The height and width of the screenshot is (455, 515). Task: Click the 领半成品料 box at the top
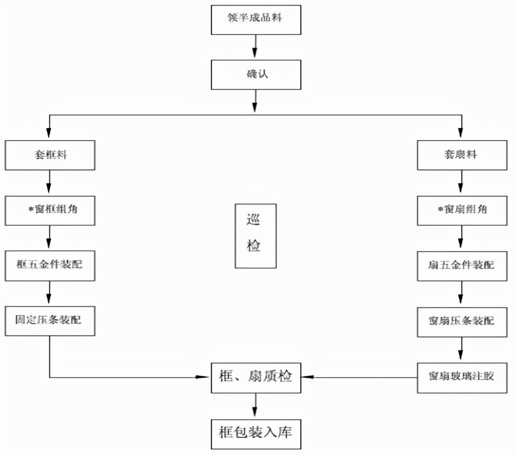256,19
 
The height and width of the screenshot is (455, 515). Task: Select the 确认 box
256,75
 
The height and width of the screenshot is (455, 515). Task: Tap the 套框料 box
50,155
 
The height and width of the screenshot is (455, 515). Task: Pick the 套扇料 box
461,155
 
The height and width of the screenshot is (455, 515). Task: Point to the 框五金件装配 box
50,266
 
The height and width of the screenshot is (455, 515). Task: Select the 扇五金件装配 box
461,266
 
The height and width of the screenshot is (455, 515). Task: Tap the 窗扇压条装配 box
461,321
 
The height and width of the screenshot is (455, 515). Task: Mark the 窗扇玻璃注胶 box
461,377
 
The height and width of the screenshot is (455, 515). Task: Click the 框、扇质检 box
256,377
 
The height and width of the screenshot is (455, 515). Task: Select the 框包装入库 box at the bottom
256,433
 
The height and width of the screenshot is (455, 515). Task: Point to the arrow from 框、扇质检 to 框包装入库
256,405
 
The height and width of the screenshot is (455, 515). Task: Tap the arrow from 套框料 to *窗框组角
50,183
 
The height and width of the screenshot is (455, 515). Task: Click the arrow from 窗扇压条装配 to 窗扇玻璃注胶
461,349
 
